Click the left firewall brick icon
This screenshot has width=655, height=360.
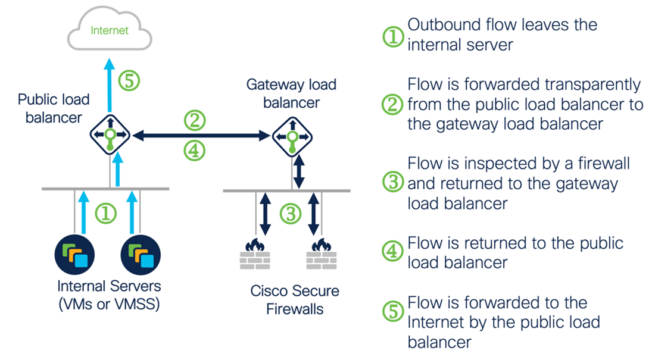[x=255, y=253]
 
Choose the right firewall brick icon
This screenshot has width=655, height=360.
[x=322, y=253]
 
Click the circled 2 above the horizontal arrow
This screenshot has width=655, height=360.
[x=194, y=121]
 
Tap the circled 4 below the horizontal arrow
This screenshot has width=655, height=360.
[x=194, y=151]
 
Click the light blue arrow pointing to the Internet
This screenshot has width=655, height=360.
[x=110, y=83]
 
